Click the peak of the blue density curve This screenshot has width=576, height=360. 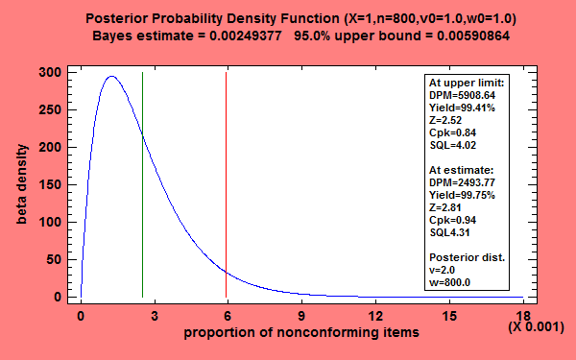coord(112,77)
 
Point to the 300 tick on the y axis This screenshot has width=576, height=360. coord(68,73)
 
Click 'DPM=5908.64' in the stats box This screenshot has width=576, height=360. coord(461,95)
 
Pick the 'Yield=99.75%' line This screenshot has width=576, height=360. coord(464,194)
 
